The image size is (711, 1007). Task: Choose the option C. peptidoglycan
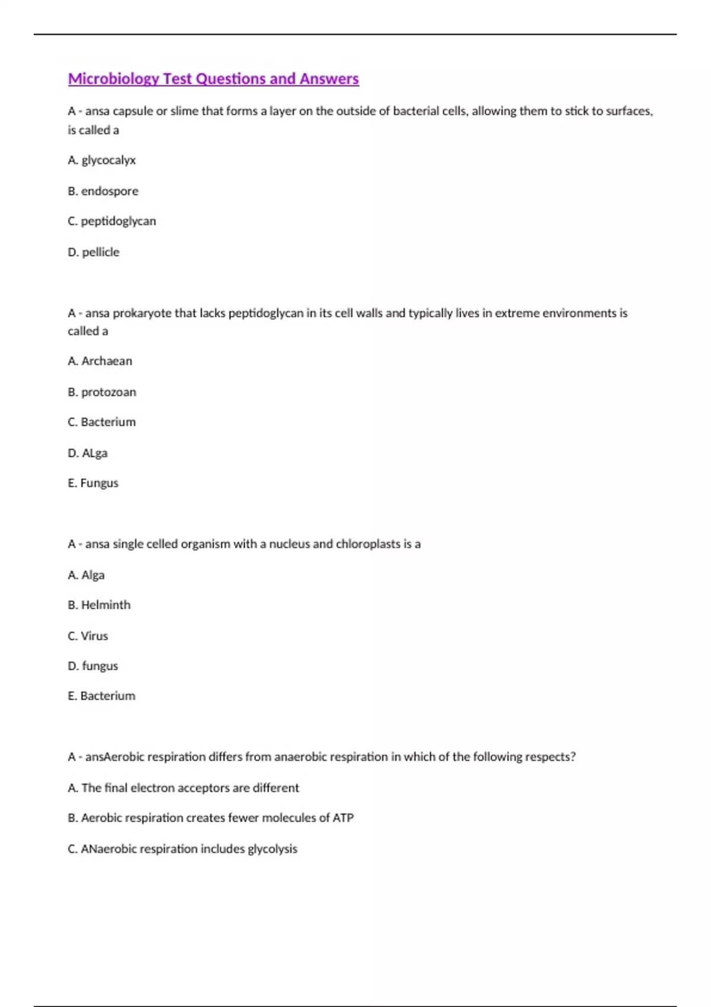[112, 221]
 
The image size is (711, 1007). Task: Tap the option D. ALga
[88, 453]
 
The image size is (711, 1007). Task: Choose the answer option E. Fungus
[93, 483]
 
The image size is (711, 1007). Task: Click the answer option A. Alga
[87, 575]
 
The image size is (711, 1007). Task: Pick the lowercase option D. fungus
[93, 666]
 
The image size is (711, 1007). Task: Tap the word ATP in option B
[343, 817]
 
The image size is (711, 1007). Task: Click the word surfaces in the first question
[628, 111]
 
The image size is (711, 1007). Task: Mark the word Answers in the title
[329, 79]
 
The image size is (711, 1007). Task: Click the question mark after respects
[573, 756]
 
